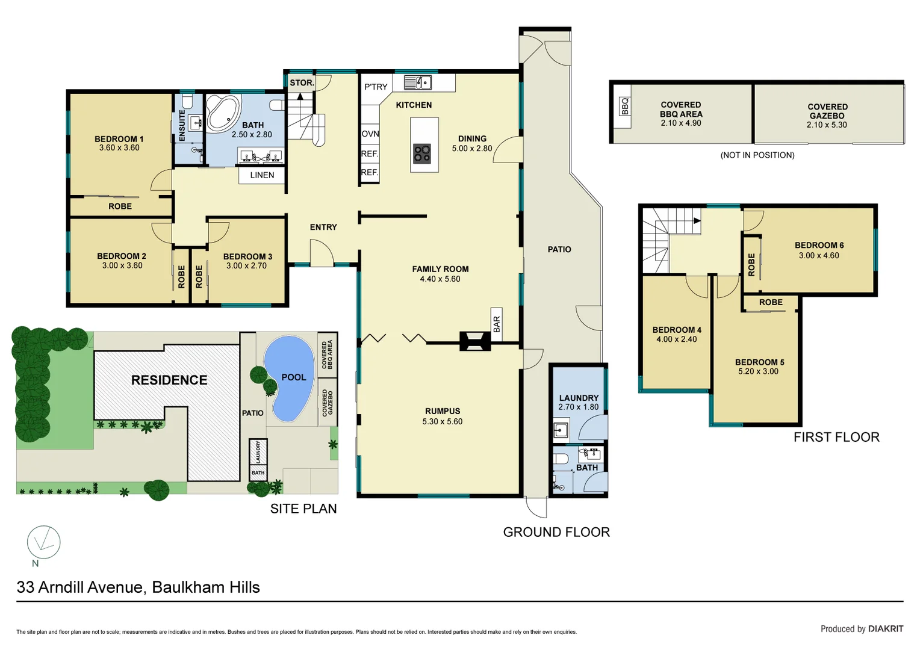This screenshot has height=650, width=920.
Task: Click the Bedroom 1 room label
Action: click(x=119, y=139)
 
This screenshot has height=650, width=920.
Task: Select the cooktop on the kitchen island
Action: click(x=422, y=154)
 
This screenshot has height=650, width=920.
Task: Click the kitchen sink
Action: click(x=417, y=82)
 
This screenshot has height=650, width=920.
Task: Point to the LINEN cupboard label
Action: click(x=262, y=175)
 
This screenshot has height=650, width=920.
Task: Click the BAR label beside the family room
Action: click(x=497, y=324)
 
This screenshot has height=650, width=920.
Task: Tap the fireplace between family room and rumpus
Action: click(x=474, y=341)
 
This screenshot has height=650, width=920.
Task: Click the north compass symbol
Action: click(x=43, y=542)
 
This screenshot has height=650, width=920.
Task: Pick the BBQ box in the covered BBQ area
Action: click(x=624, y=107)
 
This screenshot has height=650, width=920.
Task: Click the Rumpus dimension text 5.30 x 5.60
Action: click(x=442, y=421)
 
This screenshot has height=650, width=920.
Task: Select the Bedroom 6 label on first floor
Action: click(x=819, y=245)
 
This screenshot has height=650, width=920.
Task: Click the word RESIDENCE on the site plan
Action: click(x=169, y=380)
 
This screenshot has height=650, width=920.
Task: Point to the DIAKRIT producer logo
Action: click(x=885, y=628)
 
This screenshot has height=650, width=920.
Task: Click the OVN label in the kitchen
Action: click(x=370, y=134)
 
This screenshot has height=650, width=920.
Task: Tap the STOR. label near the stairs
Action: click(x=302, y=82)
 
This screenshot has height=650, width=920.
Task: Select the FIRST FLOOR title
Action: click(x=836, y=437)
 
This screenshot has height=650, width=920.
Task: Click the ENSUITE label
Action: click(x=182, y=126)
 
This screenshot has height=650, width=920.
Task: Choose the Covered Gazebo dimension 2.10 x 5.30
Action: click(x=826, y=125)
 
